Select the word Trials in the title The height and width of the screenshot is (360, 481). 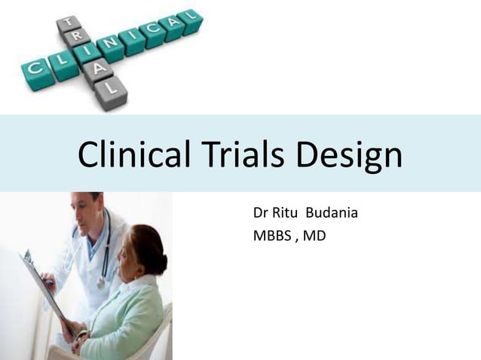point(246,155)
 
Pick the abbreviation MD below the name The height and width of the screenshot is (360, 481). point(316,236)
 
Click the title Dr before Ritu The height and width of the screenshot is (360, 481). point(261,213)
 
